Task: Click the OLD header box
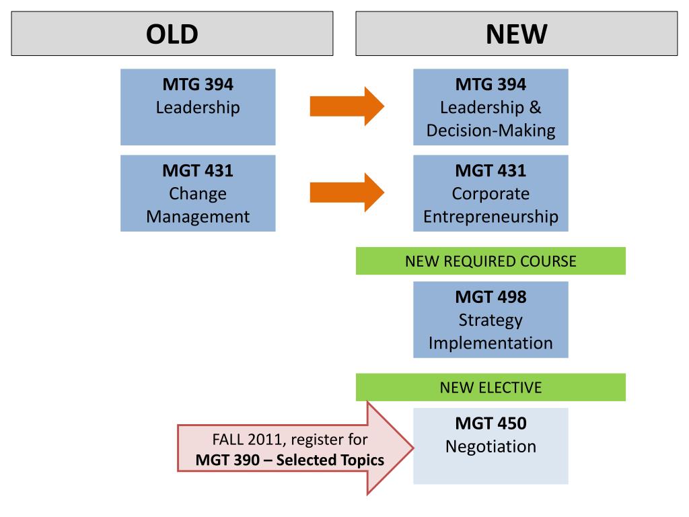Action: click(172, 33)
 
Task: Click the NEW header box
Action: click(516, 33)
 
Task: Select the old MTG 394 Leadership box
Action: click(198, 107)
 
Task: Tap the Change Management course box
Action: click(198, 193)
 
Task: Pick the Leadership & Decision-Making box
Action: click(491, 107)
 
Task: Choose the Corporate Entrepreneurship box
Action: click(491, 193)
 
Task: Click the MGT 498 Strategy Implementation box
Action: click(491, 320)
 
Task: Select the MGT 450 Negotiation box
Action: click(491, 446)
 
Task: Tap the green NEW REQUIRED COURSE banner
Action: click(491, 261)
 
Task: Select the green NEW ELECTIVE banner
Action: click(491, 388)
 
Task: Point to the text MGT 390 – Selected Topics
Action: click(290, 460)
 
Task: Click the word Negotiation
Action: click(491, 446)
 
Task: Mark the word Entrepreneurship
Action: click(491, 217)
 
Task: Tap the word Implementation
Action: click(491, 343)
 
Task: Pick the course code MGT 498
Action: click(491, 297)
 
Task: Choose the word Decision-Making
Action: click(491, 131)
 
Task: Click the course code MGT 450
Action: click(491, 423)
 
